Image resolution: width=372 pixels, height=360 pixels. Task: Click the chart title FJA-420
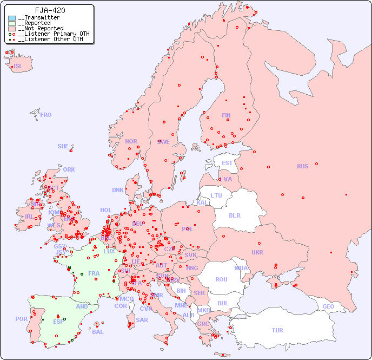50,10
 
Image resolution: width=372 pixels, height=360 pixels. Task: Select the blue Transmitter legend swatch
12,18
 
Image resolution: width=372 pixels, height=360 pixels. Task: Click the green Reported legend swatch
12,23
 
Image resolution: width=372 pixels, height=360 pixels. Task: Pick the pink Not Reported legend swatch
12,29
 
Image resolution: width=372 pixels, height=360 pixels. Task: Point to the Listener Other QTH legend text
51,39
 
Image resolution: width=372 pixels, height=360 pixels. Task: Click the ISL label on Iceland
18,67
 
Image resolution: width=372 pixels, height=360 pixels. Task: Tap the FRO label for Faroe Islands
46,115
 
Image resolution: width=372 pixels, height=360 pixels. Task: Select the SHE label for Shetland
63,146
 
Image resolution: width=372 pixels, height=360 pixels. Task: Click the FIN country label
226,115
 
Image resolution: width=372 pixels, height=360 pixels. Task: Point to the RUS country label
302,166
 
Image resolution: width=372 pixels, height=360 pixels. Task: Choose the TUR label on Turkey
277,330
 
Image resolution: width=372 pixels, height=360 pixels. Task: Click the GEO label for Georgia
328,306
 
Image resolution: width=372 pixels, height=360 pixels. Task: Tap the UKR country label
257,252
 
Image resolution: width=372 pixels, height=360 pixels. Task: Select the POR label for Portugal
21,319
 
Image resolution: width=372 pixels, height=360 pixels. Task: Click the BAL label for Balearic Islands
98,332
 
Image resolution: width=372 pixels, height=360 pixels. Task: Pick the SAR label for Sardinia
142,320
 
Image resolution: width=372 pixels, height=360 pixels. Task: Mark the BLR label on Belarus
235,215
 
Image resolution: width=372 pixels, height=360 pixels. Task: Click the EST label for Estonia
227,163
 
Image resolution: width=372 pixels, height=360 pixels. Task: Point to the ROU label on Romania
221,279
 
